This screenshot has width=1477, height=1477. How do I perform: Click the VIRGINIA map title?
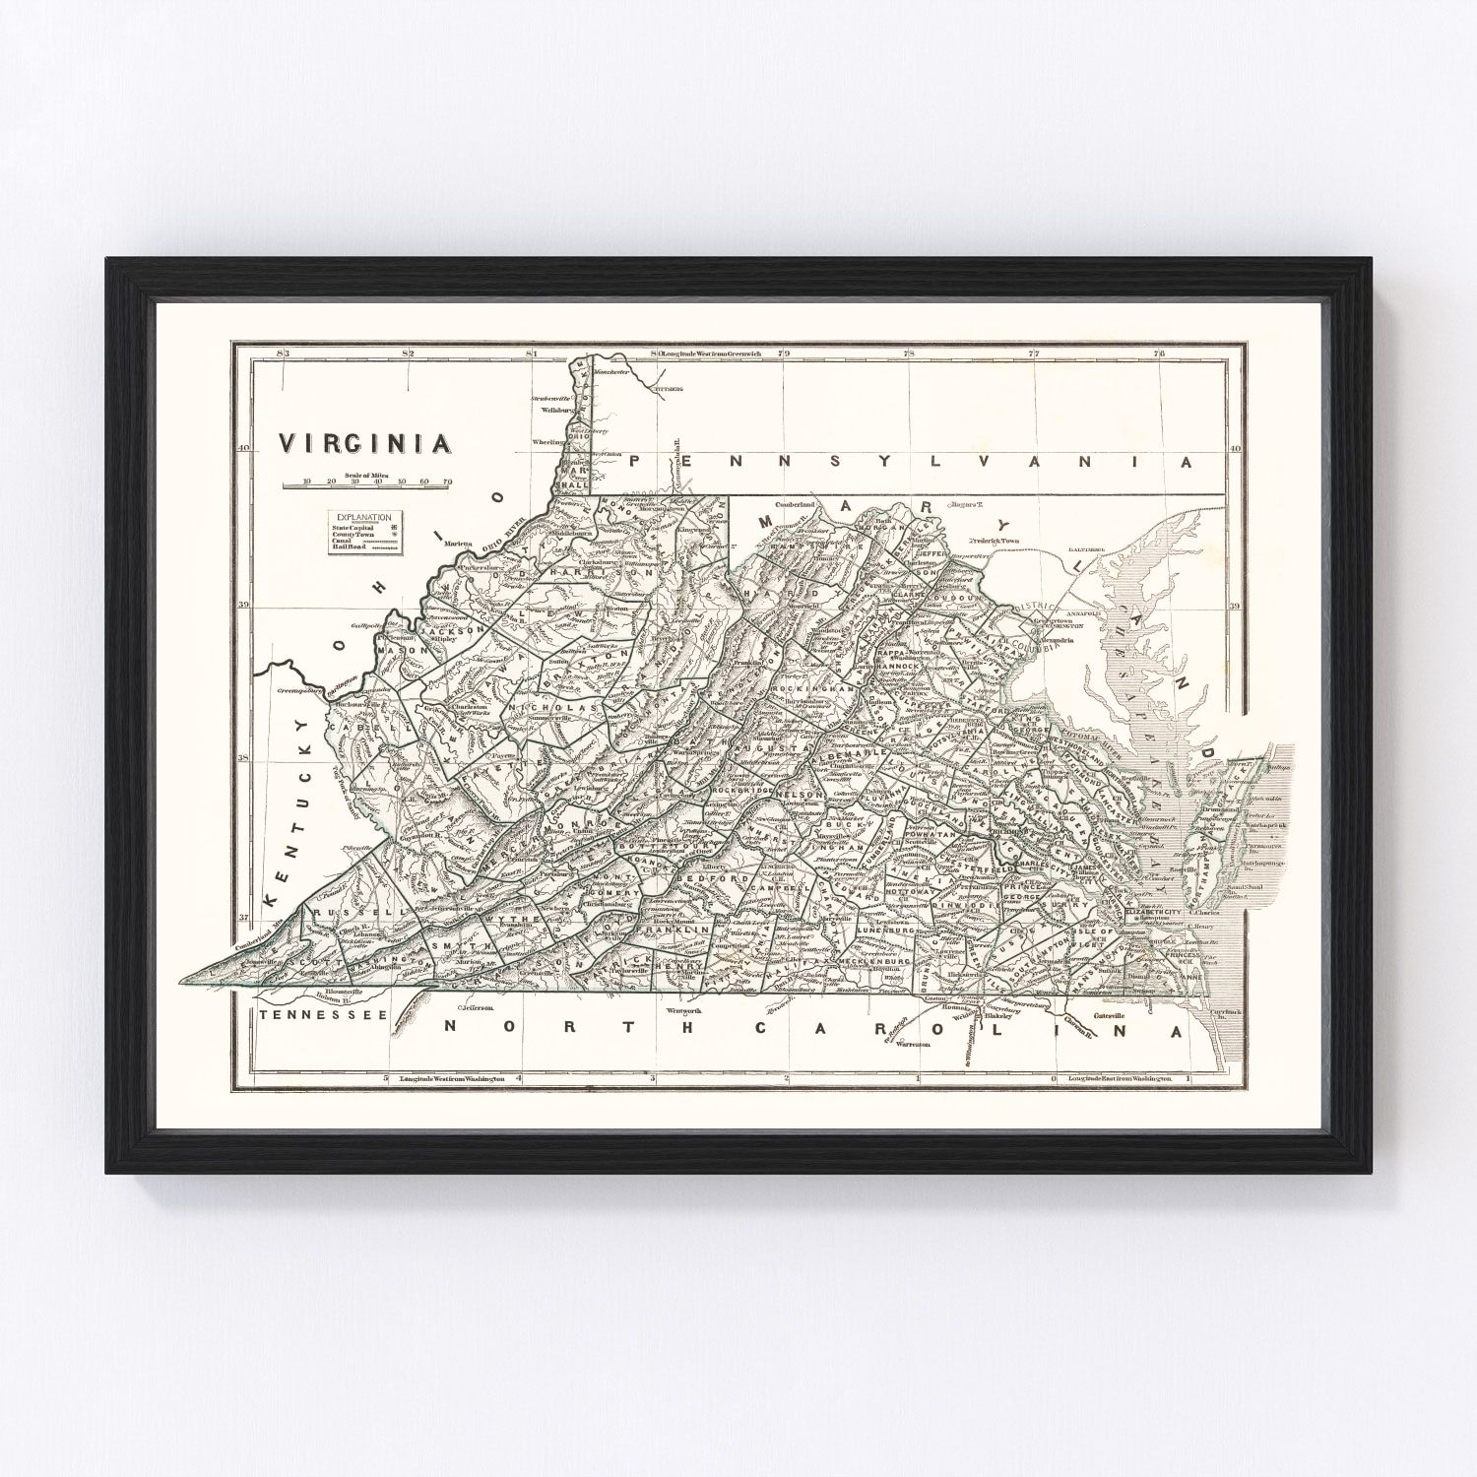pyautogui.click(x=365, y=443)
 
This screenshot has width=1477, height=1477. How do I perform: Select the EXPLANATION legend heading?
pyautogui.click(x=364, y=517)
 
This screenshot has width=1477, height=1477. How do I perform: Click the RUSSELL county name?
pyautogui.click(x=336, y=912)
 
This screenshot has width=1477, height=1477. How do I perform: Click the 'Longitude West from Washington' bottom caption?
pyautogui.click(x=452, y=1079)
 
